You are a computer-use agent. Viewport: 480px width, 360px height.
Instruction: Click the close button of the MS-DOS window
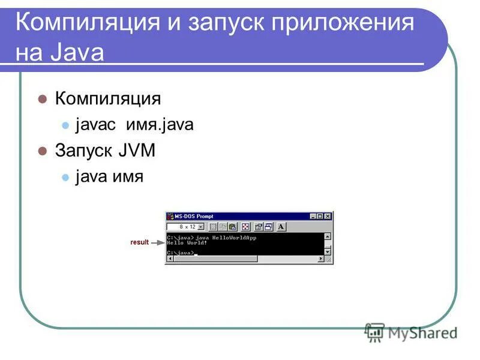(328, 216)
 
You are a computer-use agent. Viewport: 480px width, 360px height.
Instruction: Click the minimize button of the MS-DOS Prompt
(313, 216)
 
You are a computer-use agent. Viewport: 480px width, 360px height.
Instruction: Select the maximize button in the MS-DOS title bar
(320, 216)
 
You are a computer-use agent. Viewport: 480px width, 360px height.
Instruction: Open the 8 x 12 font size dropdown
(201, 227)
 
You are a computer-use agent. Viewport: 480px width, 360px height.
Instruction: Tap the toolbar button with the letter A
(281, 227)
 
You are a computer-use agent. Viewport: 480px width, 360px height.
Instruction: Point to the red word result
(139, 242)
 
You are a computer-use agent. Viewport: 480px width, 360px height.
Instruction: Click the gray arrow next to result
(157, 243)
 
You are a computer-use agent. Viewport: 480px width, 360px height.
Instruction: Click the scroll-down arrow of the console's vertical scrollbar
(328, 252)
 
